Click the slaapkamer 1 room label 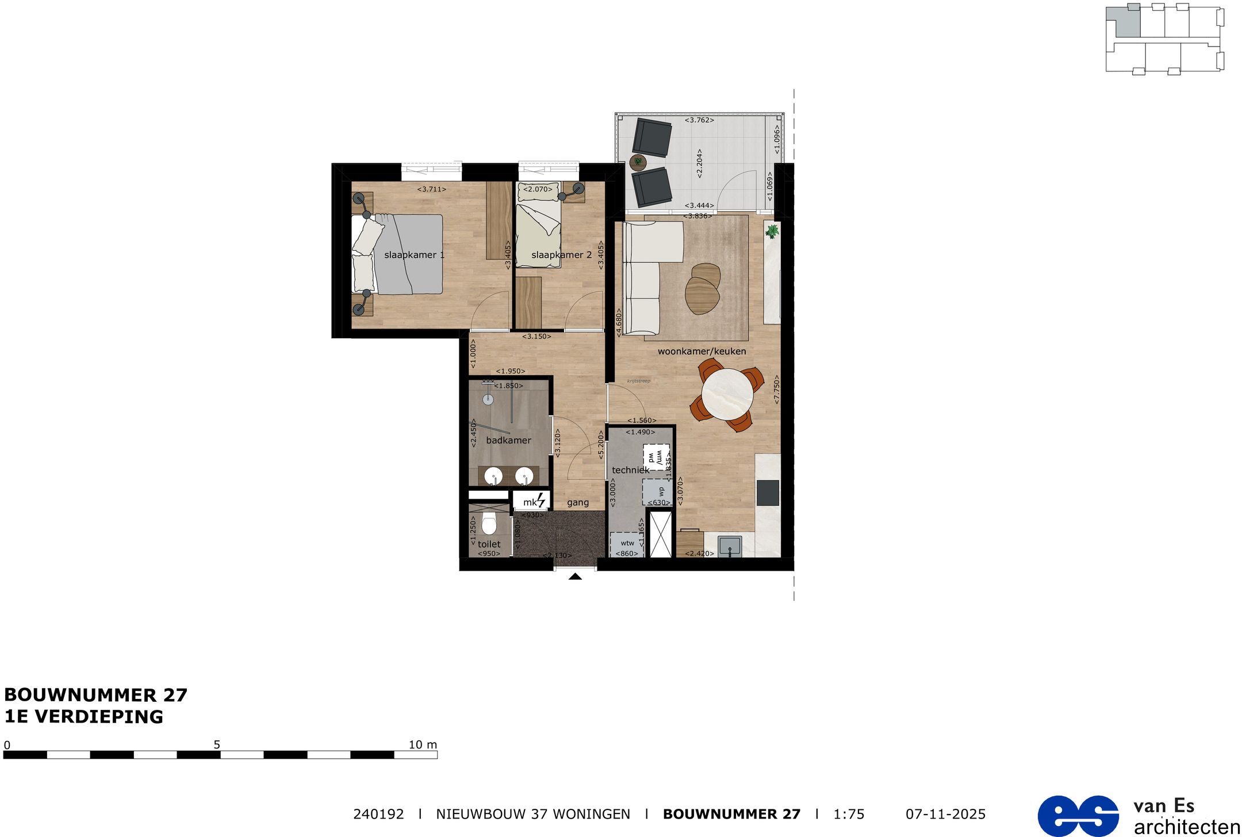pyautogui.click(x=414, y=255)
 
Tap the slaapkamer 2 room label pyautogui.click(x=561, y=255)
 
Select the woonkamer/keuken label pyautogui.click(x=701, y=351)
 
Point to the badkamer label pyautogui.click(x=508, y=440)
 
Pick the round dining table pyautogui.click(x=727, y=395)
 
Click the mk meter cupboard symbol pyautogui.click(x=533, y=502)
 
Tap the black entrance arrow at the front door pyautogui.click(x=575, y=576)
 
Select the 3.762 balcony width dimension pyautogui.click(x=699, y=120)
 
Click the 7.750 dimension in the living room pyautogui.click(x=776, y=389)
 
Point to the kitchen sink pyautogui.click(x=730, y=545)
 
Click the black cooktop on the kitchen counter pyautogui.click(x=768, y=492)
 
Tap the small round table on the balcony pyautogui.click(x=638, y=162)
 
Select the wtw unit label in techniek pyautogui.click(x=627, y=543)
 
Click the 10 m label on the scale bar pyautogui.click(x=423, y=744)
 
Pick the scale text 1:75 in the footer pyautogui.click(x=849, y=814)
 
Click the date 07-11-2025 pyautogui.click(x=945, y=814)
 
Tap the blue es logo pyautogui.click(x=1078, y=815)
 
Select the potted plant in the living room pyautogui.click(x=772, y=231)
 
